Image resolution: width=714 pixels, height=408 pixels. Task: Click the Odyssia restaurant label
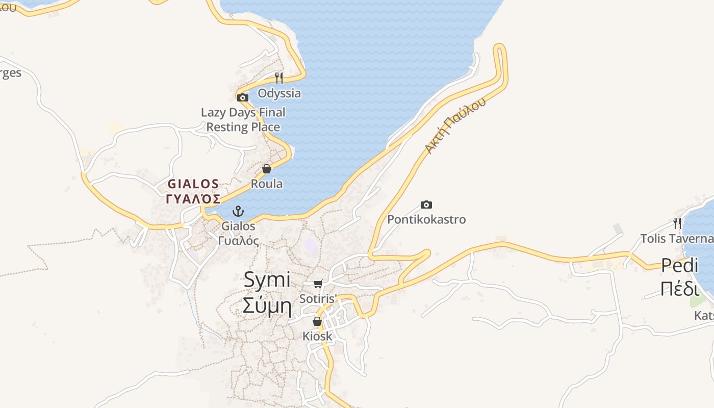(x=279, y=93)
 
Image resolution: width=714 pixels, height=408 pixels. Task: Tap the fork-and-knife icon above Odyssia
(x=278, y=78)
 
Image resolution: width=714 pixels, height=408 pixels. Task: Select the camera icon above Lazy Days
(x=243, y=97)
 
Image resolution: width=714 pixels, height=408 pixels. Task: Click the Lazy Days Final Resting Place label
(x=243, y=119)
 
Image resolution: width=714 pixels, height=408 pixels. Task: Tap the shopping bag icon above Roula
(x=267, y=169)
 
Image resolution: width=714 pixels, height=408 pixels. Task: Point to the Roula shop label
(x=267, y=184)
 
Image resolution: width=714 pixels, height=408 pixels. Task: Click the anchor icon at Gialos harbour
(x=238, y=211)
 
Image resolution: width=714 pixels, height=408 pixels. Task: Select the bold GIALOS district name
(x=194, y=184)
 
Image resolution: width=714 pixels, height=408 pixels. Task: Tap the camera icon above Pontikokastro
(x=426, y=205)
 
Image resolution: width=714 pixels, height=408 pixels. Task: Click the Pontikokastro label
(x=426, y=219)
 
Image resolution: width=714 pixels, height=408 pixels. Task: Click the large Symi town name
(x=267, y=279)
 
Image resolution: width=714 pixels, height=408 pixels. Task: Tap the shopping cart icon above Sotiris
(x=318, y=284)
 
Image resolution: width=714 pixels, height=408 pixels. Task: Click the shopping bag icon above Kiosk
(x=317, y=321)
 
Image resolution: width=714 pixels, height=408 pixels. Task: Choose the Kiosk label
(x=317, y=336)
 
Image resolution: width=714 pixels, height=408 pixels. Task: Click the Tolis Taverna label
(x=677, y=238)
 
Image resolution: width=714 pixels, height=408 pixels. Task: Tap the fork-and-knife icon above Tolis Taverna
(x=677, y=223)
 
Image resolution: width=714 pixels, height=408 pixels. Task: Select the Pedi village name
(x=679, y=265)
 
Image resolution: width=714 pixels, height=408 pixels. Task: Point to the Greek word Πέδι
(x=679, y=289)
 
